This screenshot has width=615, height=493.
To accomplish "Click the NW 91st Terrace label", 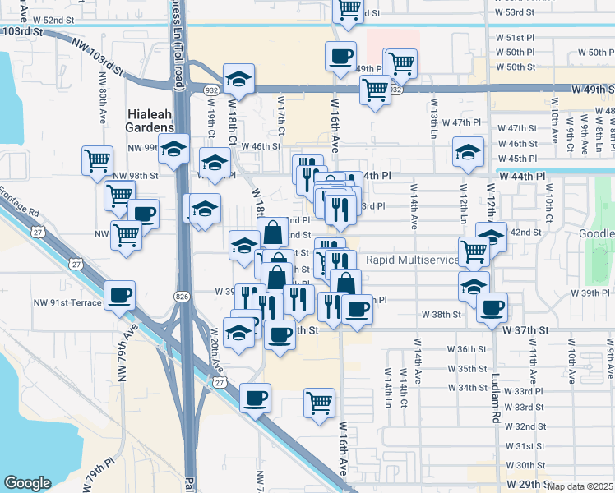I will pos(67,302).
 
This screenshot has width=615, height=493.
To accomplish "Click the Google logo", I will pos(27,483).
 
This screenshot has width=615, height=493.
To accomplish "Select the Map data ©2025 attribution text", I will pos(580,486).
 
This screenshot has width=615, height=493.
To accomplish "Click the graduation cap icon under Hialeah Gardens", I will pos(173,150).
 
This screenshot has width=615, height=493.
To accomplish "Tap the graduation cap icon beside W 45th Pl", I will pos(468,150).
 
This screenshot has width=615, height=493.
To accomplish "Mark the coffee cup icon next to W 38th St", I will pos(492,307).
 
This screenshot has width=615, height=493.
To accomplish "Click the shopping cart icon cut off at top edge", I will pos(349,9).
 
